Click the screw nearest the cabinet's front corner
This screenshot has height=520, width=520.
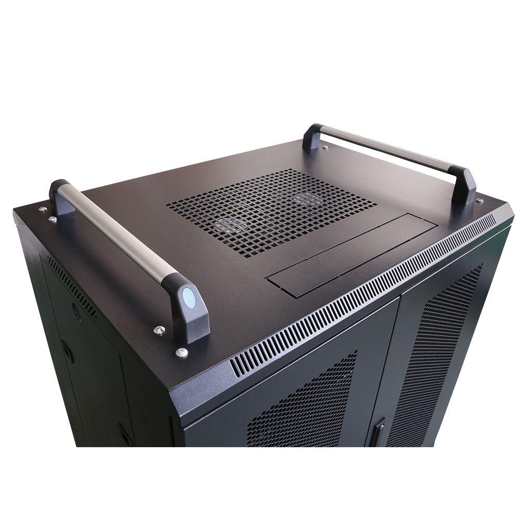pos(181,353)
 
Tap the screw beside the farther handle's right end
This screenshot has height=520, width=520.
pos(479,201)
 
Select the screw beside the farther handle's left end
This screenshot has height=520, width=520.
pos(325,148)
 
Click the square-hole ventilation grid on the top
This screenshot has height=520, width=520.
pos(270,211)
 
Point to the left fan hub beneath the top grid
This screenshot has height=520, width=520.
pos(229,225)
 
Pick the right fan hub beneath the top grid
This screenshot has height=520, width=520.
pos(307,198)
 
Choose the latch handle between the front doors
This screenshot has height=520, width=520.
pos(378,432)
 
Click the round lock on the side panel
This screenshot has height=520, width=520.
pos(76,314)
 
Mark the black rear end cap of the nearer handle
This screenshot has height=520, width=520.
pos(60,197)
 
